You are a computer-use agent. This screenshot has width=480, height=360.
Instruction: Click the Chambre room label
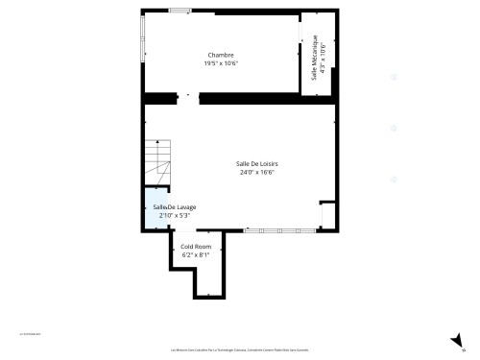tap(221, 55)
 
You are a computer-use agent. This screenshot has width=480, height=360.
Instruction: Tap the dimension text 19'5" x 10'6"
tap(221, 63)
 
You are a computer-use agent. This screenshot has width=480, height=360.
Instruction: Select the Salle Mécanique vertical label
tap(313, 57)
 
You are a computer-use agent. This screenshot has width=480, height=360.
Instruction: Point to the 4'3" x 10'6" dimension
tap(323, 57)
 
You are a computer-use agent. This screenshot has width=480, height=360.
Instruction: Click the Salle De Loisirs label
tap(258, 164)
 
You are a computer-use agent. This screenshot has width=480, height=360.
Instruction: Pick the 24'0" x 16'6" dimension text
tap(258, 173)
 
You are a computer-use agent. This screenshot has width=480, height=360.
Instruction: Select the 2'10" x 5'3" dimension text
tap(161, 215)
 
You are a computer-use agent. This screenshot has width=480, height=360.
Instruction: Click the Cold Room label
tap(196, 247)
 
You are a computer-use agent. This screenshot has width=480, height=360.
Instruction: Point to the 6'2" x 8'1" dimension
tap(196, 254)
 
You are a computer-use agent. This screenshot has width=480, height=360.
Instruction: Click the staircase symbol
tap(156, 160)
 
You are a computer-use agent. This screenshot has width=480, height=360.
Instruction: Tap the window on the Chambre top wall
tap(180, 11)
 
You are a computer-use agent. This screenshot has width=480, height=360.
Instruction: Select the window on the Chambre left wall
tap(143, 48)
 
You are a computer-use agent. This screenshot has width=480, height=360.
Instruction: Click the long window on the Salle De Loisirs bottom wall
tap(279, 230)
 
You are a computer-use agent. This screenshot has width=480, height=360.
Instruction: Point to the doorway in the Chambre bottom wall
tap(188, 96)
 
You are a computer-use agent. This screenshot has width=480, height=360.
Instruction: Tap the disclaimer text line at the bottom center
tap(240, 350)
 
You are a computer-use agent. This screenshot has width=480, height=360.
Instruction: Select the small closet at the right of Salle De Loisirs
tap(327, 215)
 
